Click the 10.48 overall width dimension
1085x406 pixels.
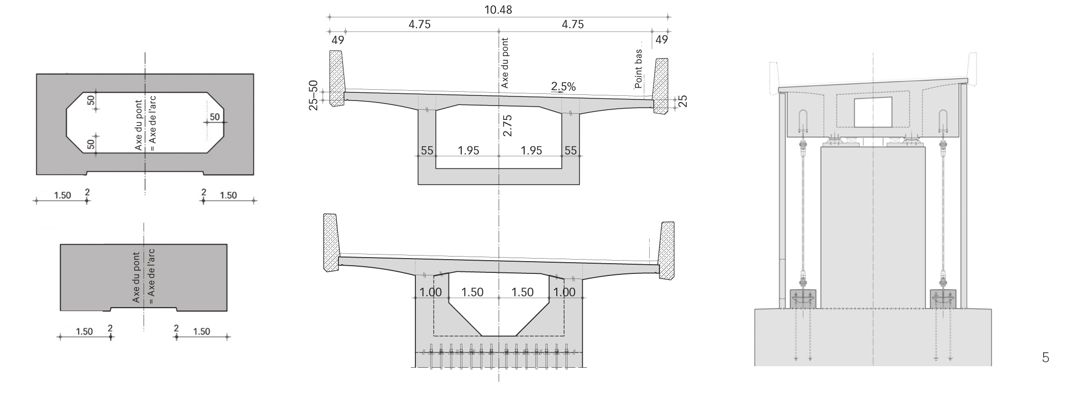click(498, 10)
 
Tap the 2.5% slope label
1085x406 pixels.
click(563, 87)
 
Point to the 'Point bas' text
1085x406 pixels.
click(638, 68)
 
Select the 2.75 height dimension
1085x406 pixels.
click(507, 125)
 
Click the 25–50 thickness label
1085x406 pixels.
click(313, 95)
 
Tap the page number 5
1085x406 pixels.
click(1045, 358)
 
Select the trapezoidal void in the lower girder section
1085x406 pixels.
click(499, 304)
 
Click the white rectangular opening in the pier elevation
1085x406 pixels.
click(873, 112)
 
